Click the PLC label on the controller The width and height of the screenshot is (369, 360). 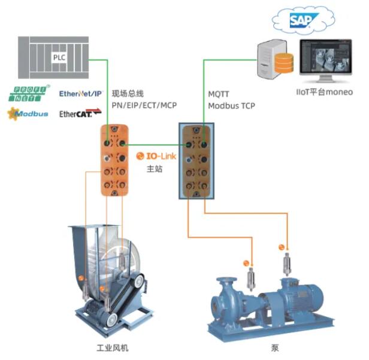[x=59, y=58]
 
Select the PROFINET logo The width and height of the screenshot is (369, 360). [x=27, y=94]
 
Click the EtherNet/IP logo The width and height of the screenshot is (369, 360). [x=81, y=93]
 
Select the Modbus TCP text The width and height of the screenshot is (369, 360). [x=231, y=105]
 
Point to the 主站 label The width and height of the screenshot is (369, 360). [x=155, y=169]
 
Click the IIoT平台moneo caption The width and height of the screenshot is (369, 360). [x=324, y=92]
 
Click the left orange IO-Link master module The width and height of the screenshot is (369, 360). [x=113, y=158]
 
